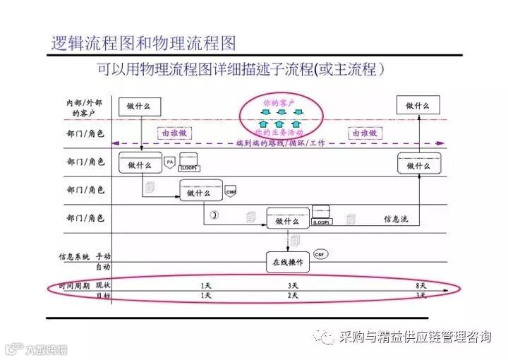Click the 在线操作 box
[287, 262]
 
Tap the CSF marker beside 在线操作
[320, 253]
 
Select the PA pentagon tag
[169, 162]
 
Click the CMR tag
[230, 191]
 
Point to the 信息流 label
[395, 220]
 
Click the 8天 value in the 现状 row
[421, 285]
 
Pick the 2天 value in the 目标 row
[293, 296]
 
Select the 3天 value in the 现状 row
[293, 285]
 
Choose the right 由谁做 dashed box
[363, 132]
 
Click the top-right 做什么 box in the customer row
[417, 106]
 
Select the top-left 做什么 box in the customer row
[139, 106]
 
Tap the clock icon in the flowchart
[213, 214]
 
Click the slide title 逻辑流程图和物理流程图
[143, 43]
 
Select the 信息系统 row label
[75, 256]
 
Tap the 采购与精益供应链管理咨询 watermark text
[414, 337]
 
